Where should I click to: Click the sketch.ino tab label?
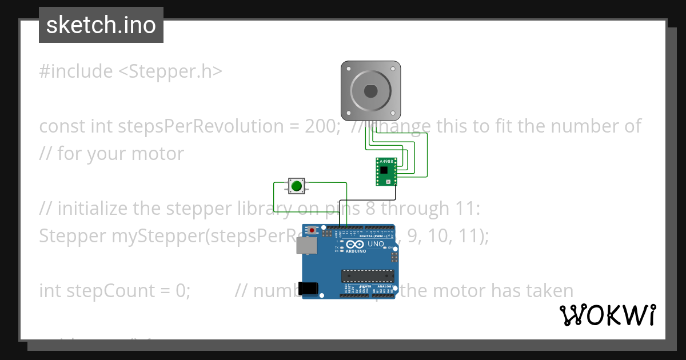101,25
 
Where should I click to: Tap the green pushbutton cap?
296,186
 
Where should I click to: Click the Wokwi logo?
607,315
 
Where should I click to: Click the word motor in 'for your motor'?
158,154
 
